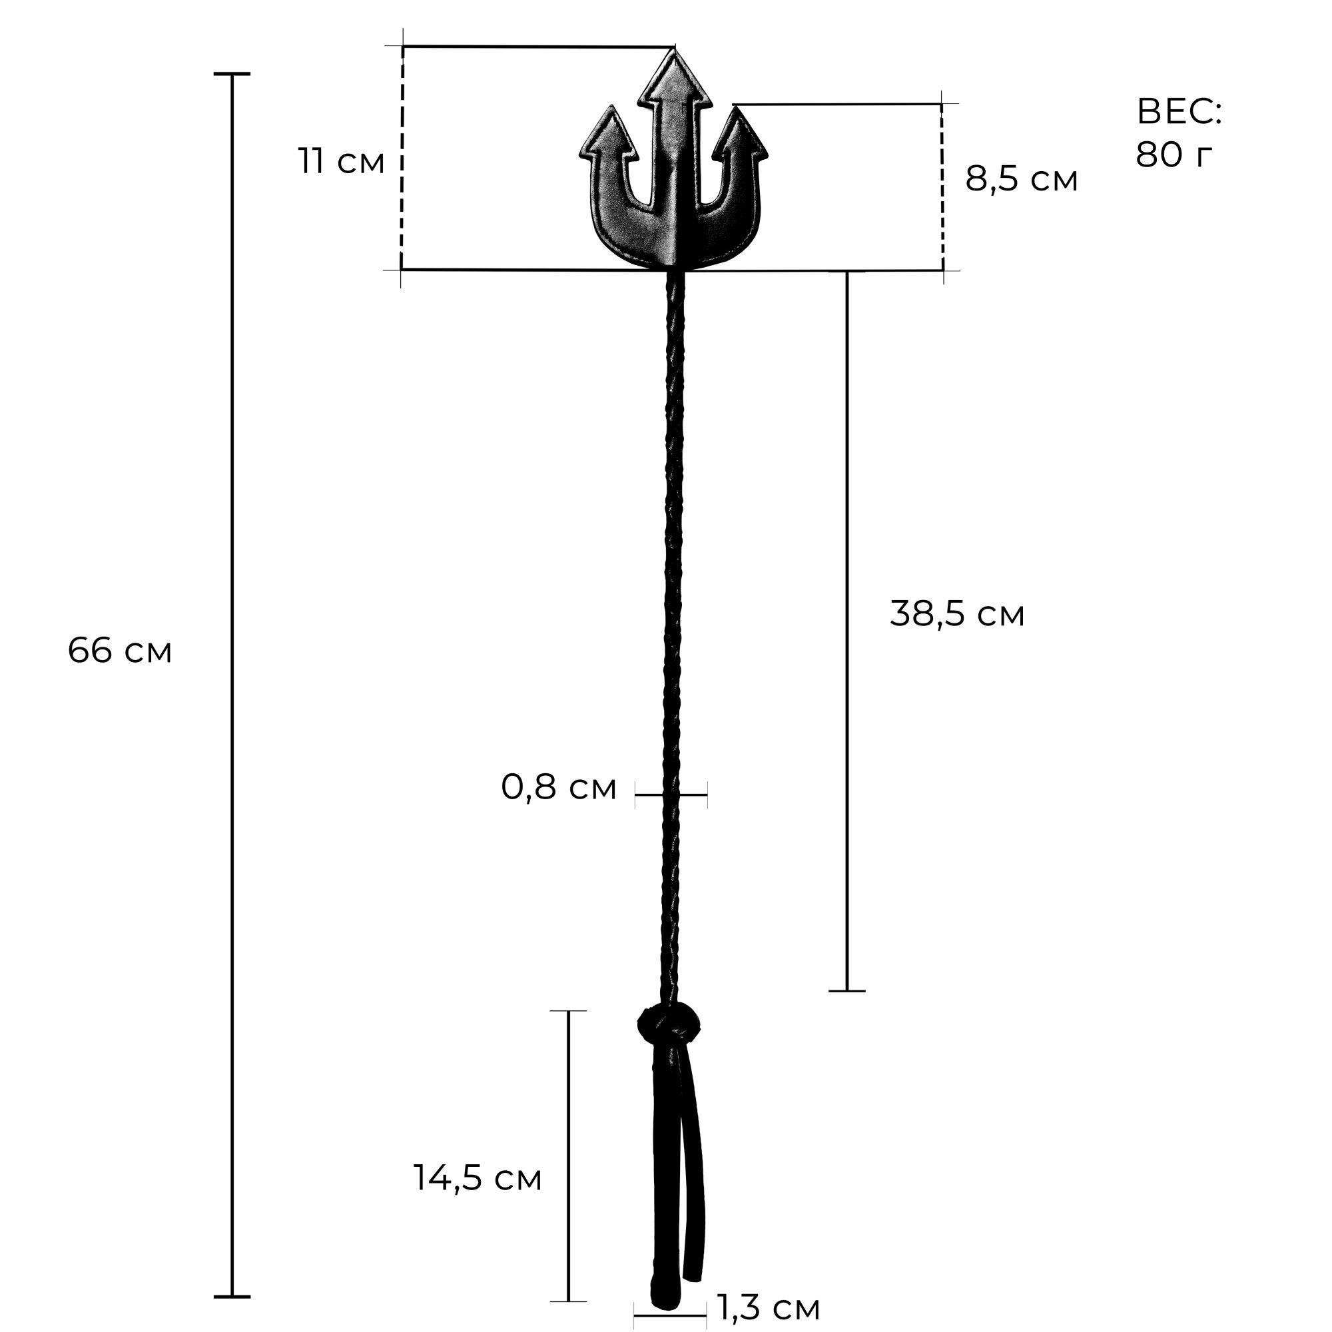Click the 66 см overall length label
(120, 650)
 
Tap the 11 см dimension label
(341, 162)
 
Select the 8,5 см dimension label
(1021, 179)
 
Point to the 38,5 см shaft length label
(957, 613)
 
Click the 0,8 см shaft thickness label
(559, 787)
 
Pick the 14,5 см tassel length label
(477, 1178)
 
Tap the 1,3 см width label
(769, 1307)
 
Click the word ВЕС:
(1178, 112)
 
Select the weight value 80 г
(1173, 155)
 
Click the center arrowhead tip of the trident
(673, 48)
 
